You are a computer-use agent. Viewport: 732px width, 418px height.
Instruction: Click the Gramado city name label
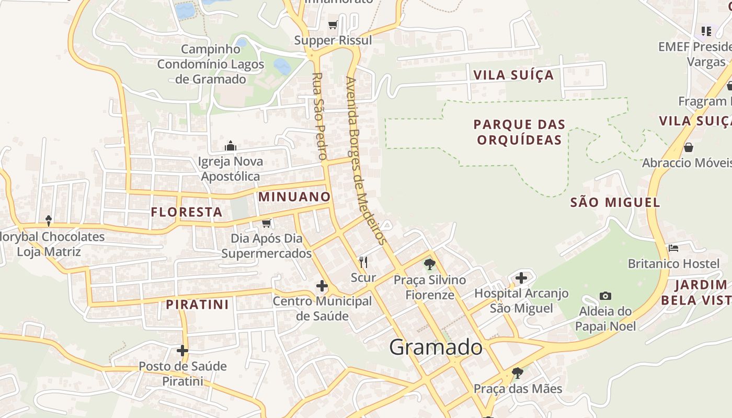(436, 347)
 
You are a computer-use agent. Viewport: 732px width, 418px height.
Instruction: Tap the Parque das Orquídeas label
(519, 132)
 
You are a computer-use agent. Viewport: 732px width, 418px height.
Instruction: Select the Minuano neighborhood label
(294, 197)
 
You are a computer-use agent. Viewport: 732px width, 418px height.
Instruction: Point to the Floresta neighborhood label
(187, 212)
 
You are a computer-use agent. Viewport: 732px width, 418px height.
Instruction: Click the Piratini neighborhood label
(198, 305)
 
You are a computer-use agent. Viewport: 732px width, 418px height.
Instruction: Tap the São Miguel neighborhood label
(615, 202)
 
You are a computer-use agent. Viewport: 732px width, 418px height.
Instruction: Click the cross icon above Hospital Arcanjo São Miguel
(521, 278)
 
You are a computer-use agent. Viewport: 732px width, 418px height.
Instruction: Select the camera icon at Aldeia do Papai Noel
(605, 296)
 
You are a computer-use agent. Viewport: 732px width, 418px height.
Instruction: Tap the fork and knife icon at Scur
(363, 262)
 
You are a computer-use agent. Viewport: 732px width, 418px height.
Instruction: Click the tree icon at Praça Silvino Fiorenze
(430, 264)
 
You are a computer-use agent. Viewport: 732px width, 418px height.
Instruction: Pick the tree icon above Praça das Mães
(518, 373)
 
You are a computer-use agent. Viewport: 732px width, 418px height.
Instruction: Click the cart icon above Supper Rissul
(333, 25)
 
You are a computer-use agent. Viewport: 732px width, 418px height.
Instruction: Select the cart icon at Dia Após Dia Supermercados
(267, 223)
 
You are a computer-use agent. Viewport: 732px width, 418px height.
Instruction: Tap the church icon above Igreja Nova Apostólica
(230, 146)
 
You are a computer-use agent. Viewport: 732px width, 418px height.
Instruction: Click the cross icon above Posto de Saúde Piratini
(182, 351)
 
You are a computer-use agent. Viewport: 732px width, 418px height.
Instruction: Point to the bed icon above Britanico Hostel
(673, 248)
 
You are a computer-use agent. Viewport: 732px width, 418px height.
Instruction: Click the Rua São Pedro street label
(319, 116)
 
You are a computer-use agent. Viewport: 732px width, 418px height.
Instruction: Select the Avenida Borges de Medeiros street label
(366, 161)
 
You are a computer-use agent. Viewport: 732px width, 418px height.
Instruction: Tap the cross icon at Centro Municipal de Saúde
(322, 286)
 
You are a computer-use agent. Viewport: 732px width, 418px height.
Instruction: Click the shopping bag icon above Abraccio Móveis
(689, 147)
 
